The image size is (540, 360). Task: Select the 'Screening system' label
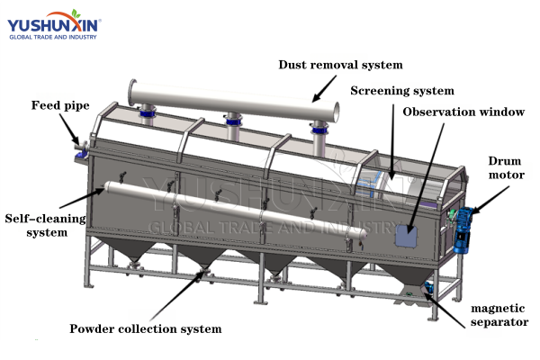click(401, 91)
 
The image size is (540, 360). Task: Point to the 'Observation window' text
click(463, 112)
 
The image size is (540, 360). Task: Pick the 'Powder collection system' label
click(145, 328)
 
